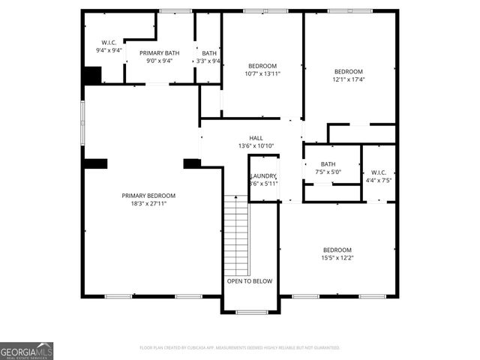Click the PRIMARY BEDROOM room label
pyautogui.click(x=148, y=196)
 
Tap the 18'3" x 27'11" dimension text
pyautogui.click(x=148, y=203)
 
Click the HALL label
pyautogui.click(x=256, y=138)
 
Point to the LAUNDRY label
pyautogui.click(x=264, y=175)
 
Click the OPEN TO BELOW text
pyautogui.click(x=249, y=281)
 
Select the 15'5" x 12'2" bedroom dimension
pyautogui.click(x=337, y=258)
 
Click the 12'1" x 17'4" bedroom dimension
pyautogui.click(x=348, y=79)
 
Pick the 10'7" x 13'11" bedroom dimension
pyautogui.click(x=262, y=73)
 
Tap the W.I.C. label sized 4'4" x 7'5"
pyautogui.click(x=379, y=172)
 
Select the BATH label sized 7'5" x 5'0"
pyautogui.click(x=328, y=164)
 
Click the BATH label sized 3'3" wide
pyautogui.click(x=209, y=53)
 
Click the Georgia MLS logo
pyautogui.click(x=26, y=350)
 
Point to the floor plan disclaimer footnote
pyautogui.click(x=239, y=348)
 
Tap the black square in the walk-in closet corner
pyautogui.click(x=92, y=76)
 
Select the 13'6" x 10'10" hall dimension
pyautogui.click(x=256, y=145)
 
